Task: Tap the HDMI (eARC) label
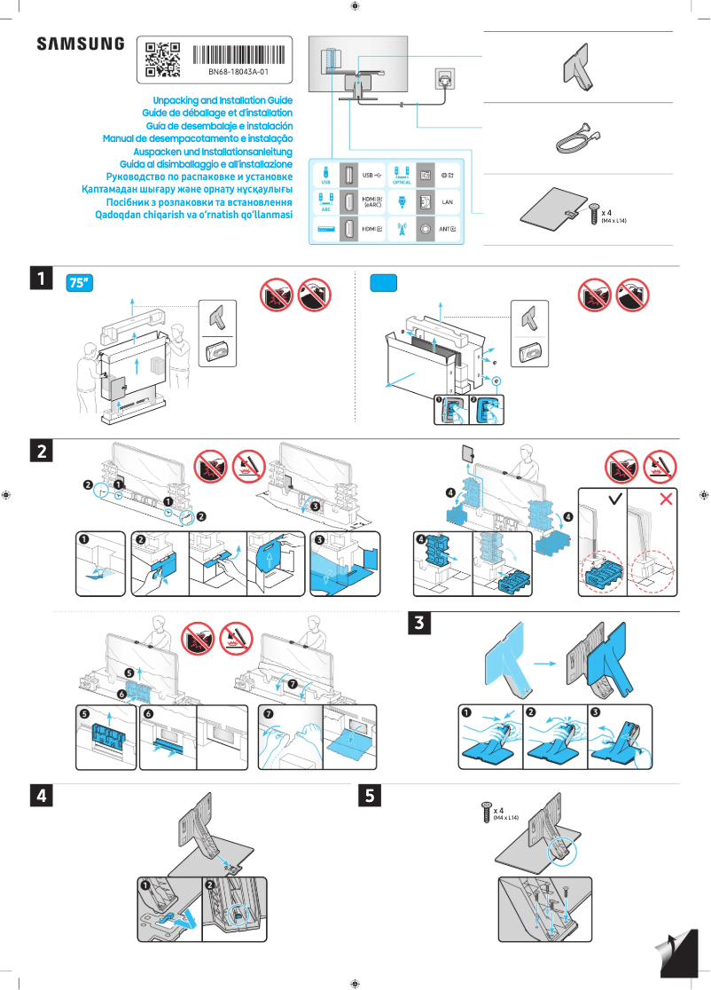pos(373,203)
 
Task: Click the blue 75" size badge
pos(81,283)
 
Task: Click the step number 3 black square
pos(419,625)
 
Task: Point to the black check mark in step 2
pos(614,499)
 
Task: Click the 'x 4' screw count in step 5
pos(499,810)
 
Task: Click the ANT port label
pos(449,230)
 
